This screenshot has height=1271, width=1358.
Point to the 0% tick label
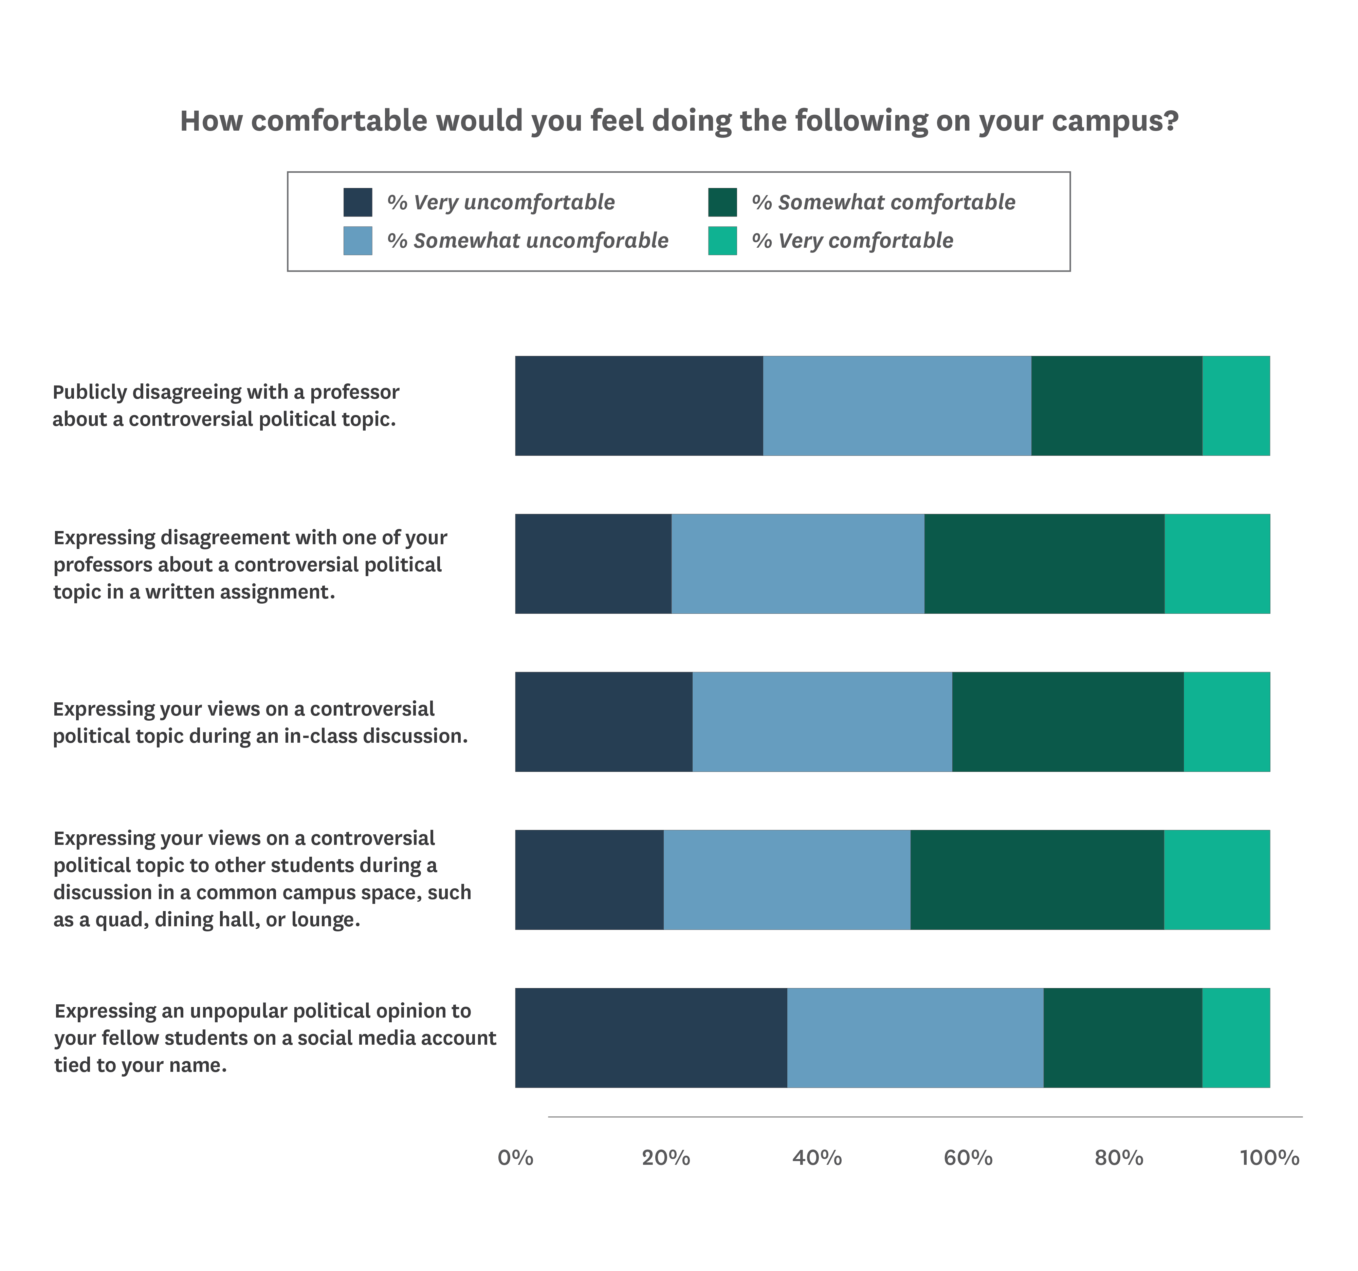click(515, 1158)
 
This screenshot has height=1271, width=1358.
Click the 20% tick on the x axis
click(666, 1158)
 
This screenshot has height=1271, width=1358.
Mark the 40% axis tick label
click(817, 1158)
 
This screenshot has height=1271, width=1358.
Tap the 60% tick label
click(968, 1158)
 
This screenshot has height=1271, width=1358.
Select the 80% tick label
click(1119, 1158)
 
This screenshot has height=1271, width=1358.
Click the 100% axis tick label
click(1269, 1158)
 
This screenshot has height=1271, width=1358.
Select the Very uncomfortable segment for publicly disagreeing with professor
click(639, 405)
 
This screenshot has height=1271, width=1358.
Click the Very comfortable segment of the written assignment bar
click(1217, 564)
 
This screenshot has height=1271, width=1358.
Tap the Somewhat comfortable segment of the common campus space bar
click(1037, 880)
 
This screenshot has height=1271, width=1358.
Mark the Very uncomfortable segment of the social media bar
click(651, 1038)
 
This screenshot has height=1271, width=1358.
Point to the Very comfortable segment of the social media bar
click(1236, 1038)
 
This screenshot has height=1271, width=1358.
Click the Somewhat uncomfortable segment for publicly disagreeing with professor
click(897, 405)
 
